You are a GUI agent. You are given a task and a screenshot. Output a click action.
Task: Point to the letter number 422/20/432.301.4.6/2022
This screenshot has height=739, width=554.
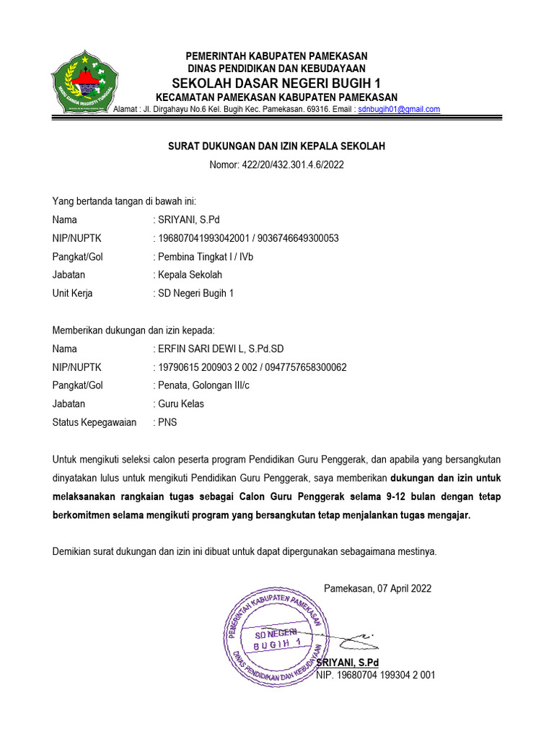coord(276,165)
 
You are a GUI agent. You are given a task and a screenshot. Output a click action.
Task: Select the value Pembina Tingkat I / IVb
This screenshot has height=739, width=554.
coord(206,257)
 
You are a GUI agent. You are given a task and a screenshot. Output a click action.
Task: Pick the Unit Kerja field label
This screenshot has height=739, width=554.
coord(73,294)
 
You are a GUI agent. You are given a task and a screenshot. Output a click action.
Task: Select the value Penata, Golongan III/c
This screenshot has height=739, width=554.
coord(203,386)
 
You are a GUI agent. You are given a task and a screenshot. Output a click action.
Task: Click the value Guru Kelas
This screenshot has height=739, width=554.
coord(181,404)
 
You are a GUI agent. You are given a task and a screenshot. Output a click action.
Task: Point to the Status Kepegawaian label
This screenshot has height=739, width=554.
coord(94,422)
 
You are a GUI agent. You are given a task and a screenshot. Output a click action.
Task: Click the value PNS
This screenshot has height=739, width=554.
coord(167,422)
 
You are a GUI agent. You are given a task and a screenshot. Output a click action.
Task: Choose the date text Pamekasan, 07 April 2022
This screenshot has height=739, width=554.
coord(378,588)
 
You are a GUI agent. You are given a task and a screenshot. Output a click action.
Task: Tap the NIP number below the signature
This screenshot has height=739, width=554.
coord(376,675)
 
